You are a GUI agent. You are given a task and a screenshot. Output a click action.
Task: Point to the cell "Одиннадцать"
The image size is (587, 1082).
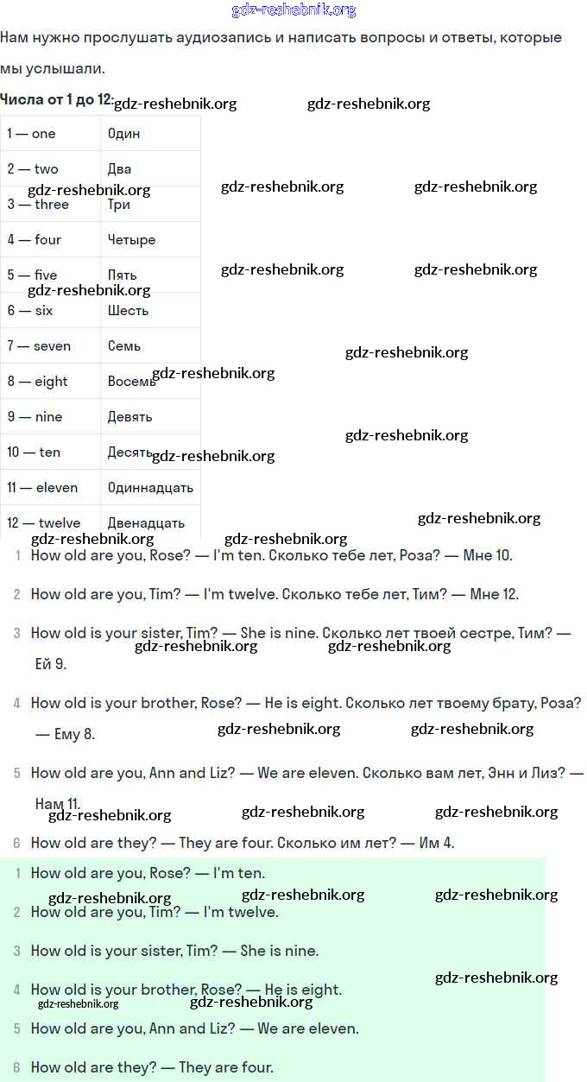pos(150,488)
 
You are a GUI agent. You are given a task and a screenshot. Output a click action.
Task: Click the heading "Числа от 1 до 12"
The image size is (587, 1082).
pos(56,99)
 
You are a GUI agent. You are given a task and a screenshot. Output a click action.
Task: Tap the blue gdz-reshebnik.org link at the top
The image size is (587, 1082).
pos(293,10)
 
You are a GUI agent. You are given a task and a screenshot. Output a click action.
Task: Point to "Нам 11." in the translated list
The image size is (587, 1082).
pos(58,804)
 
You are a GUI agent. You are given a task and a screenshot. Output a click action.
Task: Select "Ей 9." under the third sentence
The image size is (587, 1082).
pos(49,664)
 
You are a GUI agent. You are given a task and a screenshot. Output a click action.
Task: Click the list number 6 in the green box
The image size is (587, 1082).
pos(16,1068)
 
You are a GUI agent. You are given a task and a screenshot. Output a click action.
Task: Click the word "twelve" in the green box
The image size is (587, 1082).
pos(253,912)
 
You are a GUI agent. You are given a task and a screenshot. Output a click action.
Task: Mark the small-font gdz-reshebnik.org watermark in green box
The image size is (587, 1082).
pos(78,1004)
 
